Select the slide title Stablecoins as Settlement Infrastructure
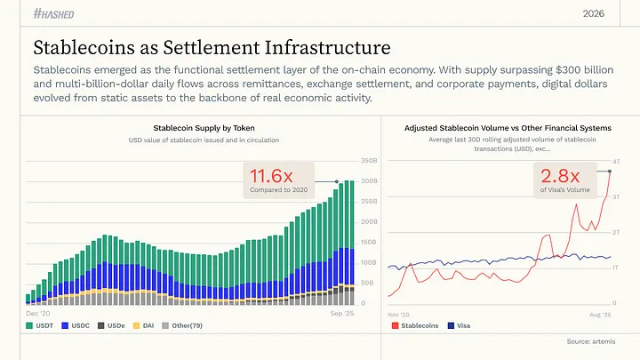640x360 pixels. tap(212, 46)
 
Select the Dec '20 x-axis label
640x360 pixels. tap(38, 314)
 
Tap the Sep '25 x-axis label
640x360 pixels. tap(343, 314)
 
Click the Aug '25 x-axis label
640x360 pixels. tap(600, 314)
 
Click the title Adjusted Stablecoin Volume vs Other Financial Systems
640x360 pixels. tap(508, 128)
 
